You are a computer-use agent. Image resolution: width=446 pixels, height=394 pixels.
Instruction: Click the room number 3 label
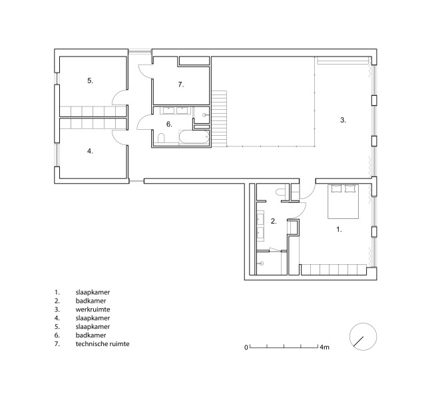tap(343, 120)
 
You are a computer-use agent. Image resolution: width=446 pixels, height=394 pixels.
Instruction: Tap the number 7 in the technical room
tap(181, 85)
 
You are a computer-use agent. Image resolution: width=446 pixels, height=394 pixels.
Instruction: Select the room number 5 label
tap(90, 81)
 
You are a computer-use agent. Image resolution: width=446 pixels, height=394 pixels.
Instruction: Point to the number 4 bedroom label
tap(90, 151)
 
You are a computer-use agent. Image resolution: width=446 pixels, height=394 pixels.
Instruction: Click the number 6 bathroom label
tap(169, 124)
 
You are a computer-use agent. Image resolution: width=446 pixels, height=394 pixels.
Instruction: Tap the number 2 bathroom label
tap(274, 221)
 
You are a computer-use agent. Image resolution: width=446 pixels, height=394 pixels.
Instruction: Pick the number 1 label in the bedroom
tap(339, 230)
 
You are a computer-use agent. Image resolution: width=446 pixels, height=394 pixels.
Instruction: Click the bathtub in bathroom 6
tap(194, 137)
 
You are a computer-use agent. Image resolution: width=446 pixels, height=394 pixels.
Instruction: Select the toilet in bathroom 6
tap(161, 138)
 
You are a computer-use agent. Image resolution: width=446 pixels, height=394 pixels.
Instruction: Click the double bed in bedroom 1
tap(343, 202)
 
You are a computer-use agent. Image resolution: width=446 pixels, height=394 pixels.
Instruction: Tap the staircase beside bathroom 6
tap(219, 118)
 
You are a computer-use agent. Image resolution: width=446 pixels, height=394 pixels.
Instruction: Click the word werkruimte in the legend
tap(93, 309)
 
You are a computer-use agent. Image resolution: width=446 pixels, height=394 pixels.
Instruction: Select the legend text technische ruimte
tap(103, 344)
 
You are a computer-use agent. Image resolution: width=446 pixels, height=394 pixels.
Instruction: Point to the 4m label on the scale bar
tap(325, 347)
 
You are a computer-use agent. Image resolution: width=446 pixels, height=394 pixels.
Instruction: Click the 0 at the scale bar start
tap(246, 347)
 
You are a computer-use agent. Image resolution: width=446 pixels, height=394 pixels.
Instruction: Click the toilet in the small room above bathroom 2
tap(280, 192)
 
